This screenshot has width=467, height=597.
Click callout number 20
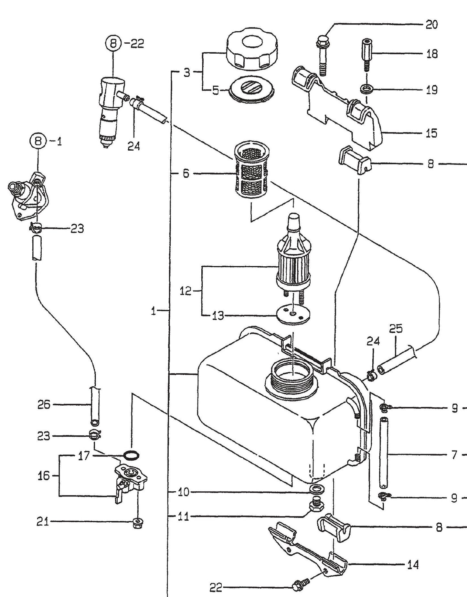pos(431,25)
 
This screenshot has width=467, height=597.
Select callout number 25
pos(396,329)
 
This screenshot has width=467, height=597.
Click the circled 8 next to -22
pos(113,44)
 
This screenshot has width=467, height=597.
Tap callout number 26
pos(44,404)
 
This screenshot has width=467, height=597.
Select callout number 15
pos(431,133)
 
